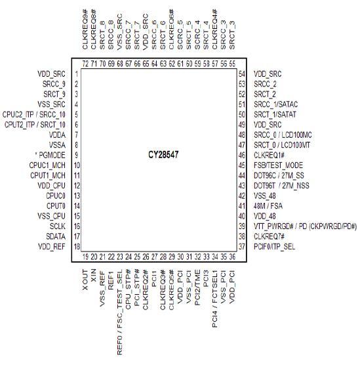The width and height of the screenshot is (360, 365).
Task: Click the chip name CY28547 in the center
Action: (163, 154)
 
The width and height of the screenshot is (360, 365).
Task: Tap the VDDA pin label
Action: (57, 135)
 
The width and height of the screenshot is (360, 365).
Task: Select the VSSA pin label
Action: (57, 145)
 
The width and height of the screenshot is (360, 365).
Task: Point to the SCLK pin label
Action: (58, 226)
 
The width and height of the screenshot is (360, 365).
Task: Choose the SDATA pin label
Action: (56, 236)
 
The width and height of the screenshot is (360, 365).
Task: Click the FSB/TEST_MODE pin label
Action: (279, 165)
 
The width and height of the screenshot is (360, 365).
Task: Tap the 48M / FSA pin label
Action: (268, 206)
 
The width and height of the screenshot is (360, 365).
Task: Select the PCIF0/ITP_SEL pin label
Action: (274, 247)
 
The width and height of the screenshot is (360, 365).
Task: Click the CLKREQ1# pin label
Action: (269, 155)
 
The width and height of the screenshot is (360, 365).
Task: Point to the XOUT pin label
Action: (85, 280)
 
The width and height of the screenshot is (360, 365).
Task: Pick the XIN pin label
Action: (94, 275)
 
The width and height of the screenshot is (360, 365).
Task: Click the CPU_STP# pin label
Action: (129, 289)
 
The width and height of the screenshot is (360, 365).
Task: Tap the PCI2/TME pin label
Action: (197, 288)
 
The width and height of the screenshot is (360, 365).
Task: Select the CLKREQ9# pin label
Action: (85, 30)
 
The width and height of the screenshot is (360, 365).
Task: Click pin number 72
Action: (86, 64)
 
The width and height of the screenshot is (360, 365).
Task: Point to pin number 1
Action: (77, 74)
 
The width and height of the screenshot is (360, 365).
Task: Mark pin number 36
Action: (232, 257)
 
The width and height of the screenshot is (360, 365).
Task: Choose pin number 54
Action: (242, 74)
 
